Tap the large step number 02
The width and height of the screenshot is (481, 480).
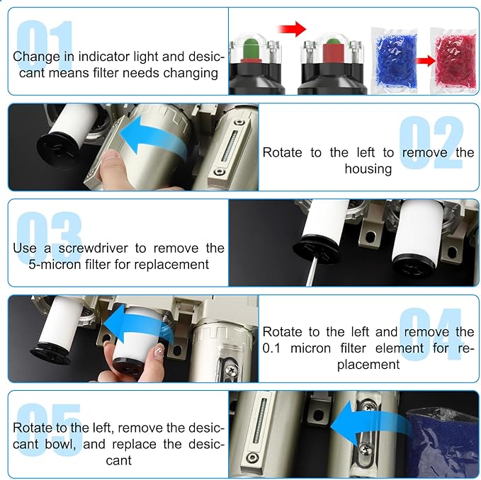(432, 143)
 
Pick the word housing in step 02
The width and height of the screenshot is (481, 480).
(368, 168)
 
